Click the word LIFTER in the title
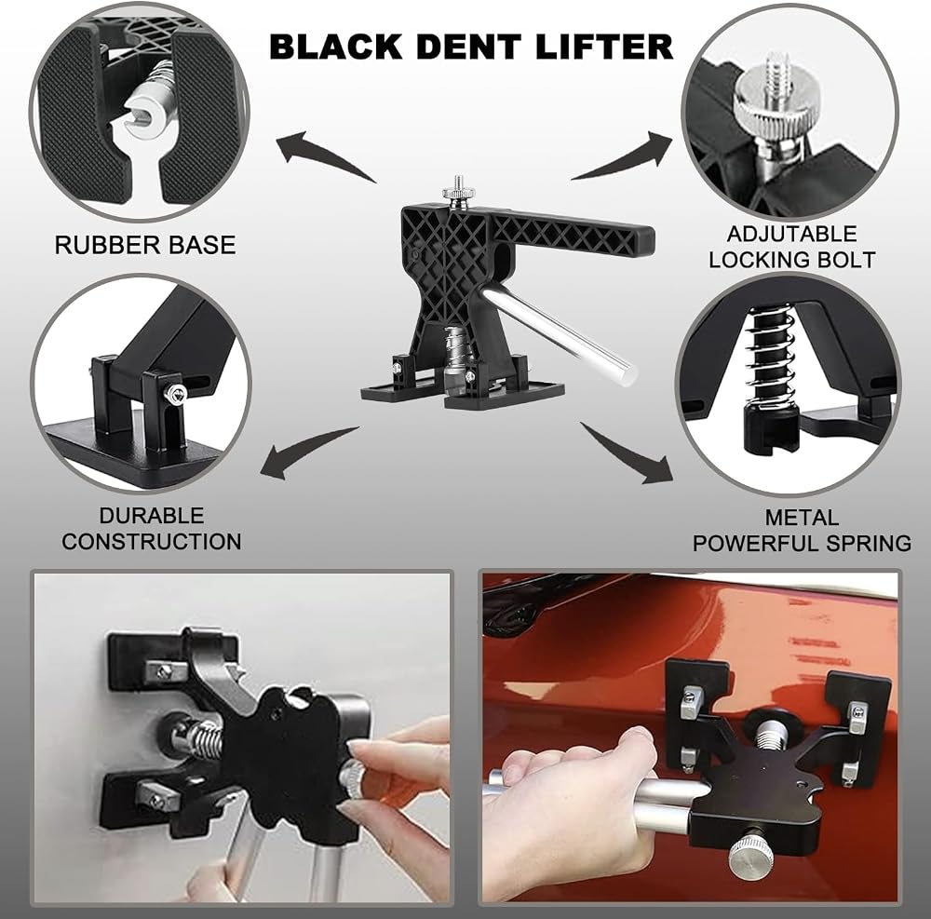[604, 47]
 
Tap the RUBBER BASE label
[145, 245]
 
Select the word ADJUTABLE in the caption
[791, 234]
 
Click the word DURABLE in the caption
[152, 515]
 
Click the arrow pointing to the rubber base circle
[324, 155]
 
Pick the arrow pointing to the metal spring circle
[626, 453]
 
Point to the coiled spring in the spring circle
[770, 357]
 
